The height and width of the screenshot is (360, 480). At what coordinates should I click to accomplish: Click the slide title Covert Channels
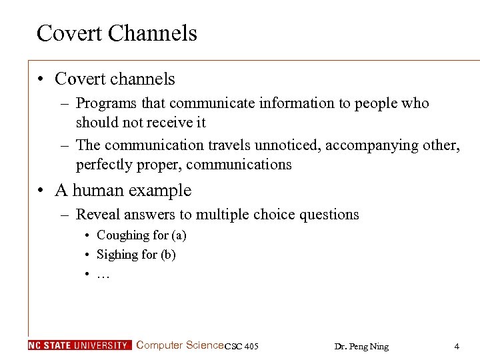point(117,33)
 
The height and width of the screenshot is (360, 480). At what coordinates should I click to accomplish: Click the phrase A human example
point(123,190)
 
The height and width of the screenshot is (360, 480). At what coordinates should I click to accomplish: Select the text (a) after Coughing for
point(178,235)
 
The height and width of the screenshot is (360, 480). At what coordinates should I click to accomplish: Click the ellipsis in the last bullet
point(103,274)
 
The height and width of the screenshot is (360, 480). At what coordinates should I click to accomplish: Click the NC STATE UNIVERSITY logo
point(79,345)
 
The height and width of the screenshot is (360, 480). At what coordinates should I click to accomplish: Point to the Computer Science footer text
point(179,345)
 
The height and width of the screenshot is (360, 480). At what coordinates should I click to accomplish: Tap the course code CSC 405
point(242,346)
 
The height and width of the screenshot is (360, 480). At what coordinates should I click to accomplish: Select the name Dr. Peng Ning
point(361,346)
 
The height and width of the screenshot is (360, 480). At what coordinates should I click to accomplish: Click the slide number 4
point(457,346)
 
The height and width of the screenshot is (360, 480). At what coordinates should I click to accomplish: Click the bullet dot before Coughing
point(87,235)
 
